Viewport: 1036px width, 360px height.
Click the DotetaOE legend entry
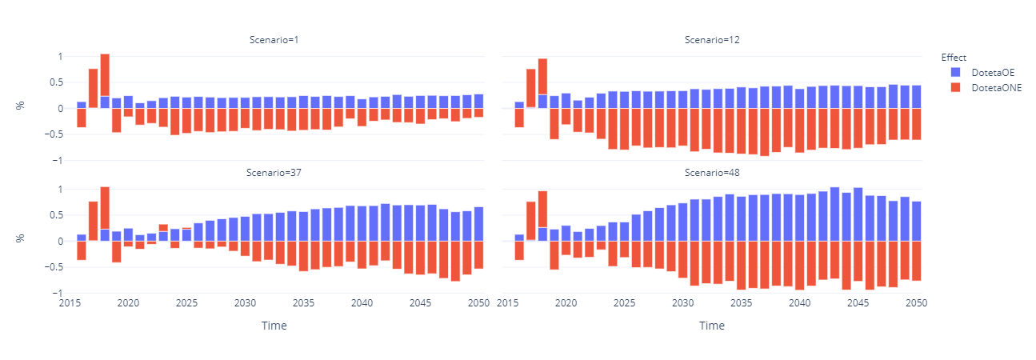pyautogui.click(x=985, y=73)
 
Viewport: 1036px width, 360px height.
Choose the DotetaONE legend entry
pyautogui.click(x=988, y=86)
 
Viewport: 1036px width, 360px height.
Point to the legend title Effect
pyautogui.click(x=954, y=58)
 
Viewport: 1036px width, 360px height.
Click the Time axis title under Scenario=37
pyautogui.click(x=274, y=326)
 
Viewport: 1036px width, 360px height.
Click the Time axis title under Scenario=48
pyautogui.click(x=711, y=326)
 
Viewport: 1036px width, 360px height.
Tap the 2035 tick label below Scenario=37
pyautogui.click(x=303, y=304)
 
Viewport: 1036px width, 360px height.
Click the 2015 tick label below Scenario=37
pyautogui.click(x=70, y=304)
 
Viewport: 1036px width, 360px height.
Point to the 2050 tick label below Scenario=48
pyautogui.click(x=917, y=304)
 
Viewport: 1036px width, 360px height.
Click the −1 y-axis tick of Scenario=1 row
pyautogui.click(x=56, y=161)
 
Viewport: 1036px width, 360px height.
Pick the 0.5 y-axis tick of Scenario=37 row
pyautogui.click(x=54, y=215)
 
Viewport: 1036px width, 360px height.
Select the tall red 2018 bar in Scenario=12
pyautogui.click(x=542, y=76)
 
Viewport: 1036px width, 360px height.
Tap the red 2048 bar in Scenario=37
pyautogui.click(x=455, y=261)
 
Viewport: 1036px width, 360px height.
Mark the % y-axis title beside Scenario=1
pyautogui.click(x=21, y=108)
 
